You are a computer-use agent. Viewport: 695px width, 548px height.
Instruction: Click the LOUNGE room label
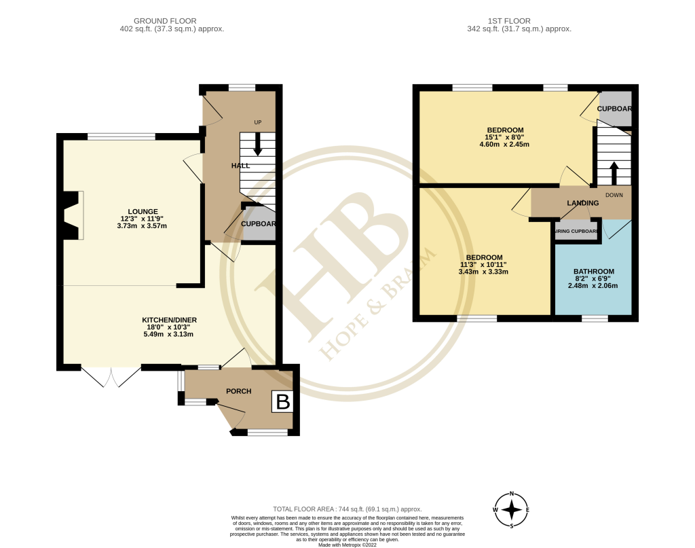coord(143,211)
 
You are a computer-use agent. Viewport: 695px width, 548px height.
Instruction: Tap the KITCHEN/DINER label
coord(169,320)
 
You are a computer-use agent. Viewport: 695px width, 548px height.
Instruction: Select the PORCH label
coord(238,391)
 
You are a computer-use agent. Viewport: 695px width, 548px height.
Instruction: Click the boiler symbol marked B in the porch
coord(282,402)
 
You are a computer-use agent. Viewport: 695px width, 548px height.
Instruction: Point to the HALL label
coord(240,166)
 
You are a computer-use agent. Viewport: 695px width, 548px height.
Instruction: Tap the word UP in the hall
coord(258,122)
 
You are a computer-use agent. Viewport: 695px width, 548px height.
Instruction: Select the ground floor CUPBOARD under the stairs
coord(259,224)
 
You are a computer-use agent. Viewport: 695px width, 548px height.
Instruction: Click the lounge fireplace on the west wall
coord(71,215)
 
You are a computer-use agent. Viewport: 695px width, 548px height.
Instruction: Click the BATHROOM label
coord(593,271)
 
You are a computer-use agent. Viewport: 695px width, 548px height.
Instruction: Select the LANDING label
coord(582,203)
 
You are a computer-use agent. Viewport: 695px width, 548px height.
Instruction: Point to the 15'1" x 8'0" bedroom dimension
coord(505,136)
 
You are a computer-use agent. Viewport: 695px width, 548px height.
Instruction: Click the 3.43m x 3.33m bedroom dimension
coord(484,272)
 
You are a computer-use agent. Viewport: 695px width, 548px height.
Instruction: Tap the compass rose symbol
coord(512,509)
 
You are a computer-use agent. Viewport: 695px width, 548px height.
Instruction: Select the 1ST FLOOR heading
coord(519,21)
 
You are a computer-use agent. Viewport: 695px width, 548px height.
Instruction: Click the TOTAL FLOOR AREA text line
coord(347,509)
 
